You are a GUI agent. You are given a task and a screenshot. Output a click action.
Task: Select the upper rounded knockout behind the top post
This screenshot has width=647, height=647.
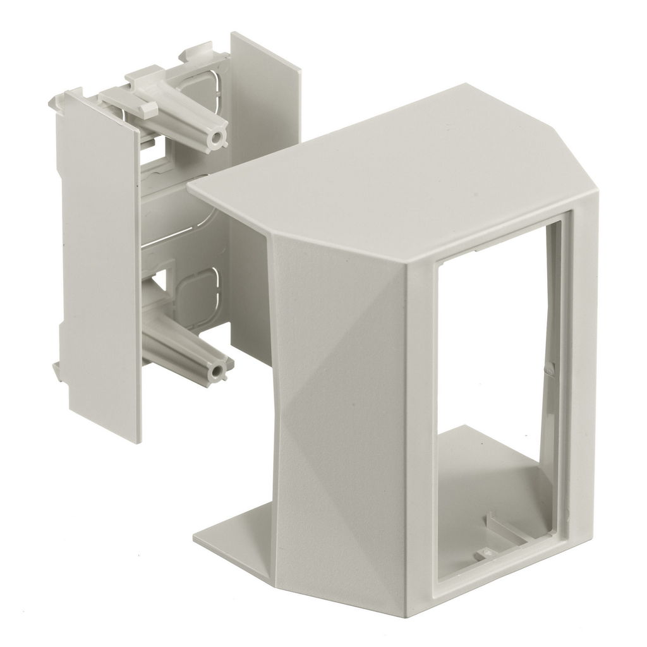coord(202,88)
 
